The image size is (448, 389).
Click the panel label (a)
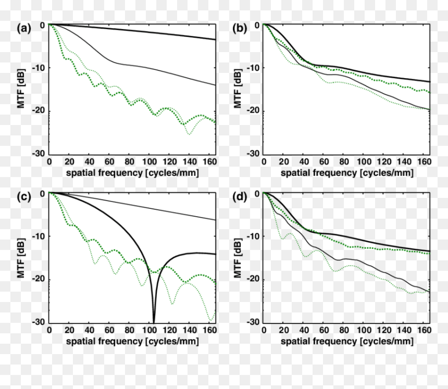pos(24,28)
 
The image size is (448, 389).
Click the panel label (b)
pos(240,28)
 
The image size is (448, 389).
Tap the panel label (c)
pos(24,197)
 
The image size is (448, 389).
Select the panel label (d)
pos(240,197)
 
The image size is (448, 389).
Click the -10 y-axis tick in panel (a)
pos(38,68)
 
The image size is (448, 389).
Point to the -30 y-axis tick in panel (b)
pos(253,154)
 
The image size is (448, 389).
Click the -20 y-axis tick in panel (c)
pos(38,279)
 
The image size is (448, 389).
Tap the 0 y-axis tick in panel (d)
pos(257,194)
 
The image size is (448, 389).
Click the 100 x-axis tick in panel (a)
pos(150,162)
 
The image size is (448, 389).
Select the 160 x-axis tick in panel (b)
pos(424,162)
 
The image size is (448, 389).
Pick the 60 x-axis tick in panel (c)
pos(109,330)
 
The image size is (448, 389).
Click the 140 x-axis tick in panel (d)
pos(404,330)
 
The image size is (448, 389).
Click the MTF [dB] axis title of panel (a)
pos(21,88)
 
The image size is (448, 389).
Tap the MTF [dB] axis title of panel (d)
pos(238,258)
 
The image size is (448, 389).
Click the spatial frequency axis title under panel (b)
pos(347,173)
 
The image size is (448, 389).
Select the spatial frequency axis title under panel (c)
pos(132,341)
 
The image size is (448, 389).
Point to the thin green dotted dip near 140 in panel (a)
pos(189,133)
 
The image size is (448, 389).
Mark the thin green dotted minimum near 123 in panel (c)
pos(172,304)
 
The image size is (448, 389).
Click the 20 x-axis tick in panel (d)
pos(284,330)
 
